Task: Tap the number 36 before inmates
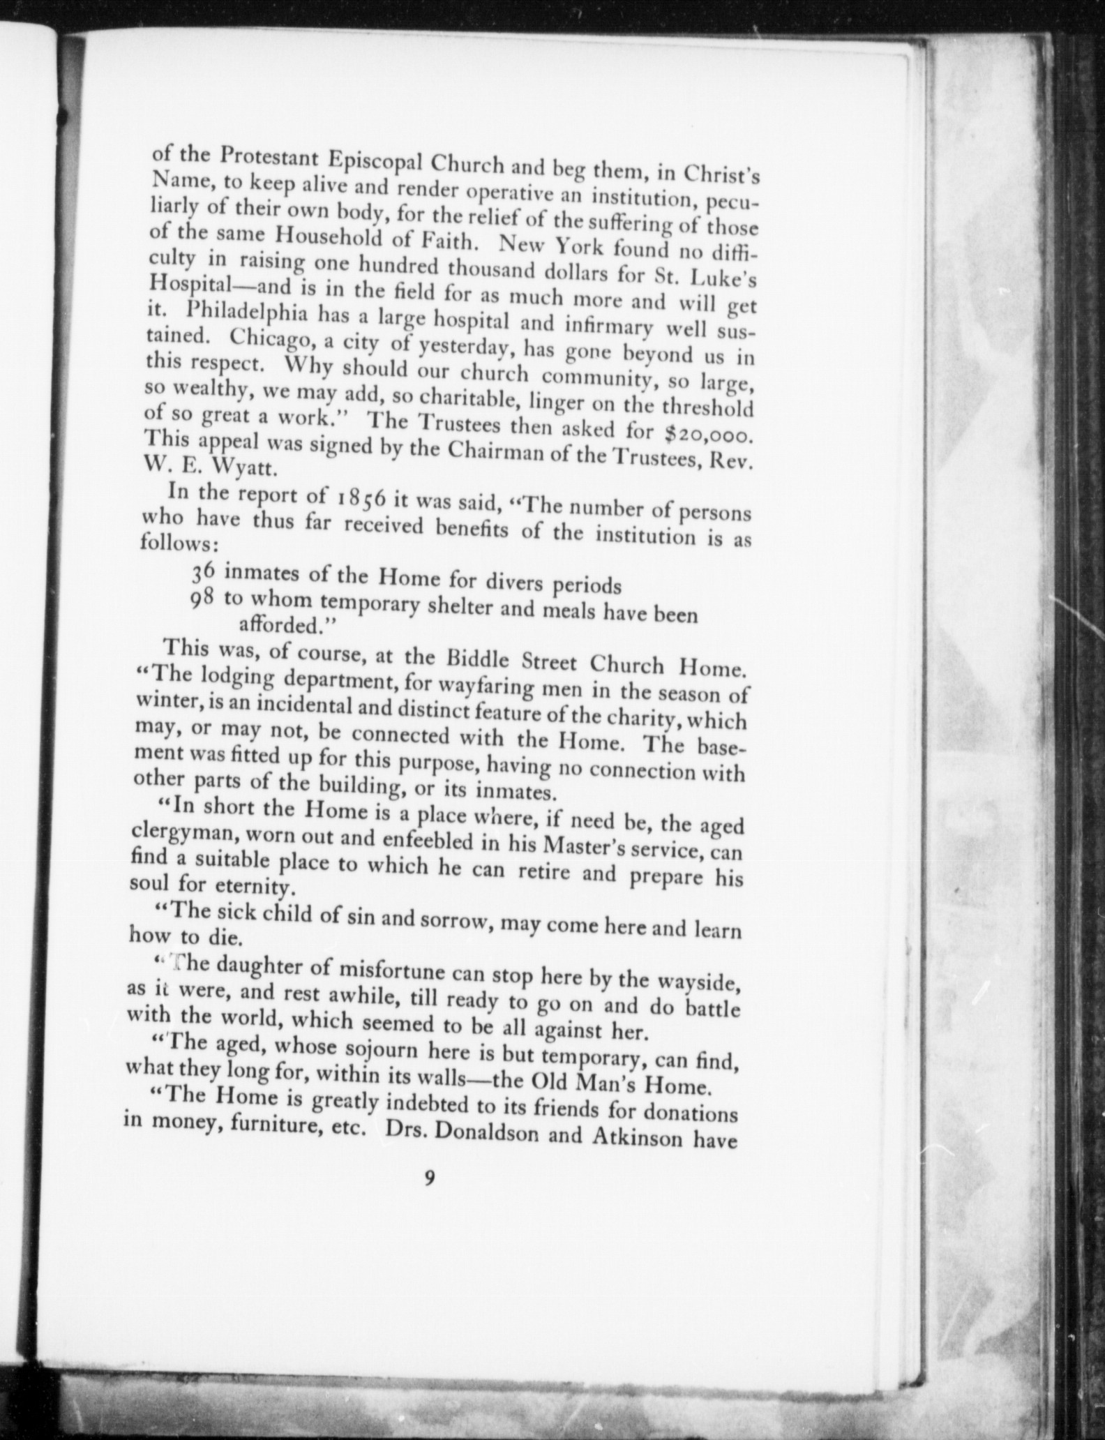[x=206, y=572]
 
